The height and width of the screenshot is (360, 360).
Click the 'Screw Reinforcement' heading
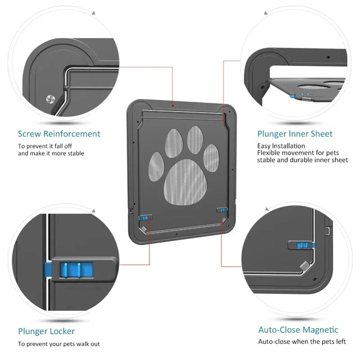tap(59, 134)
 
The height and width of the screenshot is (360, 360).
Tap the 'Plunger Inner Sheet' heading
tap(295, 134)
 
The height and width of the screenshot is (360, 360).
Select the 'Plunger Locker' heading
tap(46, 331)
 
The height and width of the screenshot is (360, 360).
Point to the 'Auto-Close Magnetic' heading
tap(298, 330)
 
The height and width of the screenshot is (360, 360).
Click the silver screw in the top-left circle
tap(50, 99)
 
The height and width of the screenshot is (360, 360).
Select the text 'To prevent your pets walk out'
tap(59, 344)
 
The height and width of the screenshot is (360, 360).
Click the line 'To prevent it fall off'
tap(45, 146)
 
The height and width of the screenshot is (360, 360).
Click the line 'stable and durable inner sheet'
tap(302, 160)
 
